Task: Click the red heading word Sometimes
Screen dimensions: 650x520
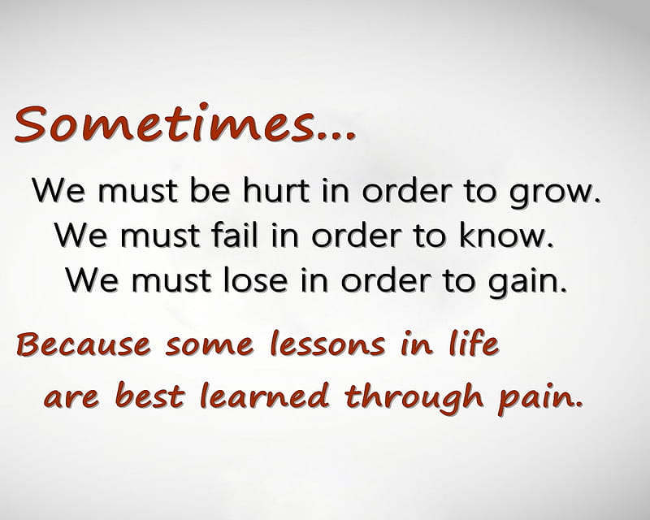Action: point(165,123)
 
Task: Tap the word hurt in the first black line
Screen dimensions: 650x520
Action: point(275,190)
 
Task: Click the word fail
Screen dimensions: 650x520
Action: point(235,234)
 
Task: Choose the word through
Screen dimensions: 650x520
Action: point(414,397)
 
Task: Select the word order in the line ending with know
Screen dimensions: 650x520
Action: point(356,234)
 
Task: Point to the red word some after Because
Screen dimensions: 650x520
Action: point(210,345)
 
